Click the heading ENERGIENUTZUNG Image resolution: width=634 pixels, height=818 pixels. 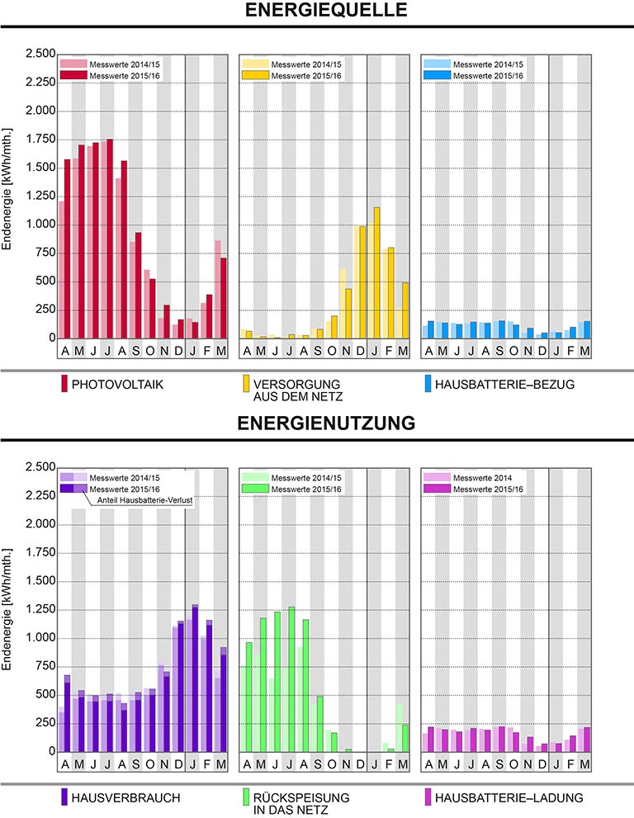(x=317, y=424)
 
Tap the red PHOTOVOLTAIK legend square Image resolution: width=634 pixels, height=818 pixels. (x=64, y=383)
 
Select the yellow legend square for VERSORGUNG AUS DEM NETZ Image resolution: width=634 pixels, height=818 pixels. (x=246, y=383)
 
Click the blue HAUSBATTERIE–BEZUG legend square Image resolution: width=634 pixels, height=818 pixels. (x=427, y=383)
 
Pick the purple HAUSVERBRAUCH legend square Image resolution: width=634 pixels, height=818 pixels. (x=64, y=797)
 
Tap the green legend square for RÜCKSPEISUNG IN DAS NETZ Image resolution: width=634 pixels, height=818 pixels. (x=246, y=797)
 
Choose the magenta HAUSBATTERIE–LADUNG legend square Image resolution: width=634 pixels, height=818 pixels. (x=427, y=797)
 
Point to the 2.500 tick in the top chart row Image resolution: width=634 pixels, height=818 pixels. (x=39, y=54)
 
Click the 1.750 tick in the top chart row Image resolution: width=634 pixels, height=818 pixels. (x=39, y=139)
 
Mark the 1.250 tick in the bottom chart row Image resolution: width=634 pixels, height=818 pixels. (x=39, y=610)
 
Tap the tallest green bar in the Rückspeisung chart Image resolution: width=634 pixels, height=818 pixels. (x=291, y=679)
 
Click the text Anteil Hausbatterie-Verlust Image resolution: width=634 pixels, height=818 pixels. (x=144, y=500)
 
